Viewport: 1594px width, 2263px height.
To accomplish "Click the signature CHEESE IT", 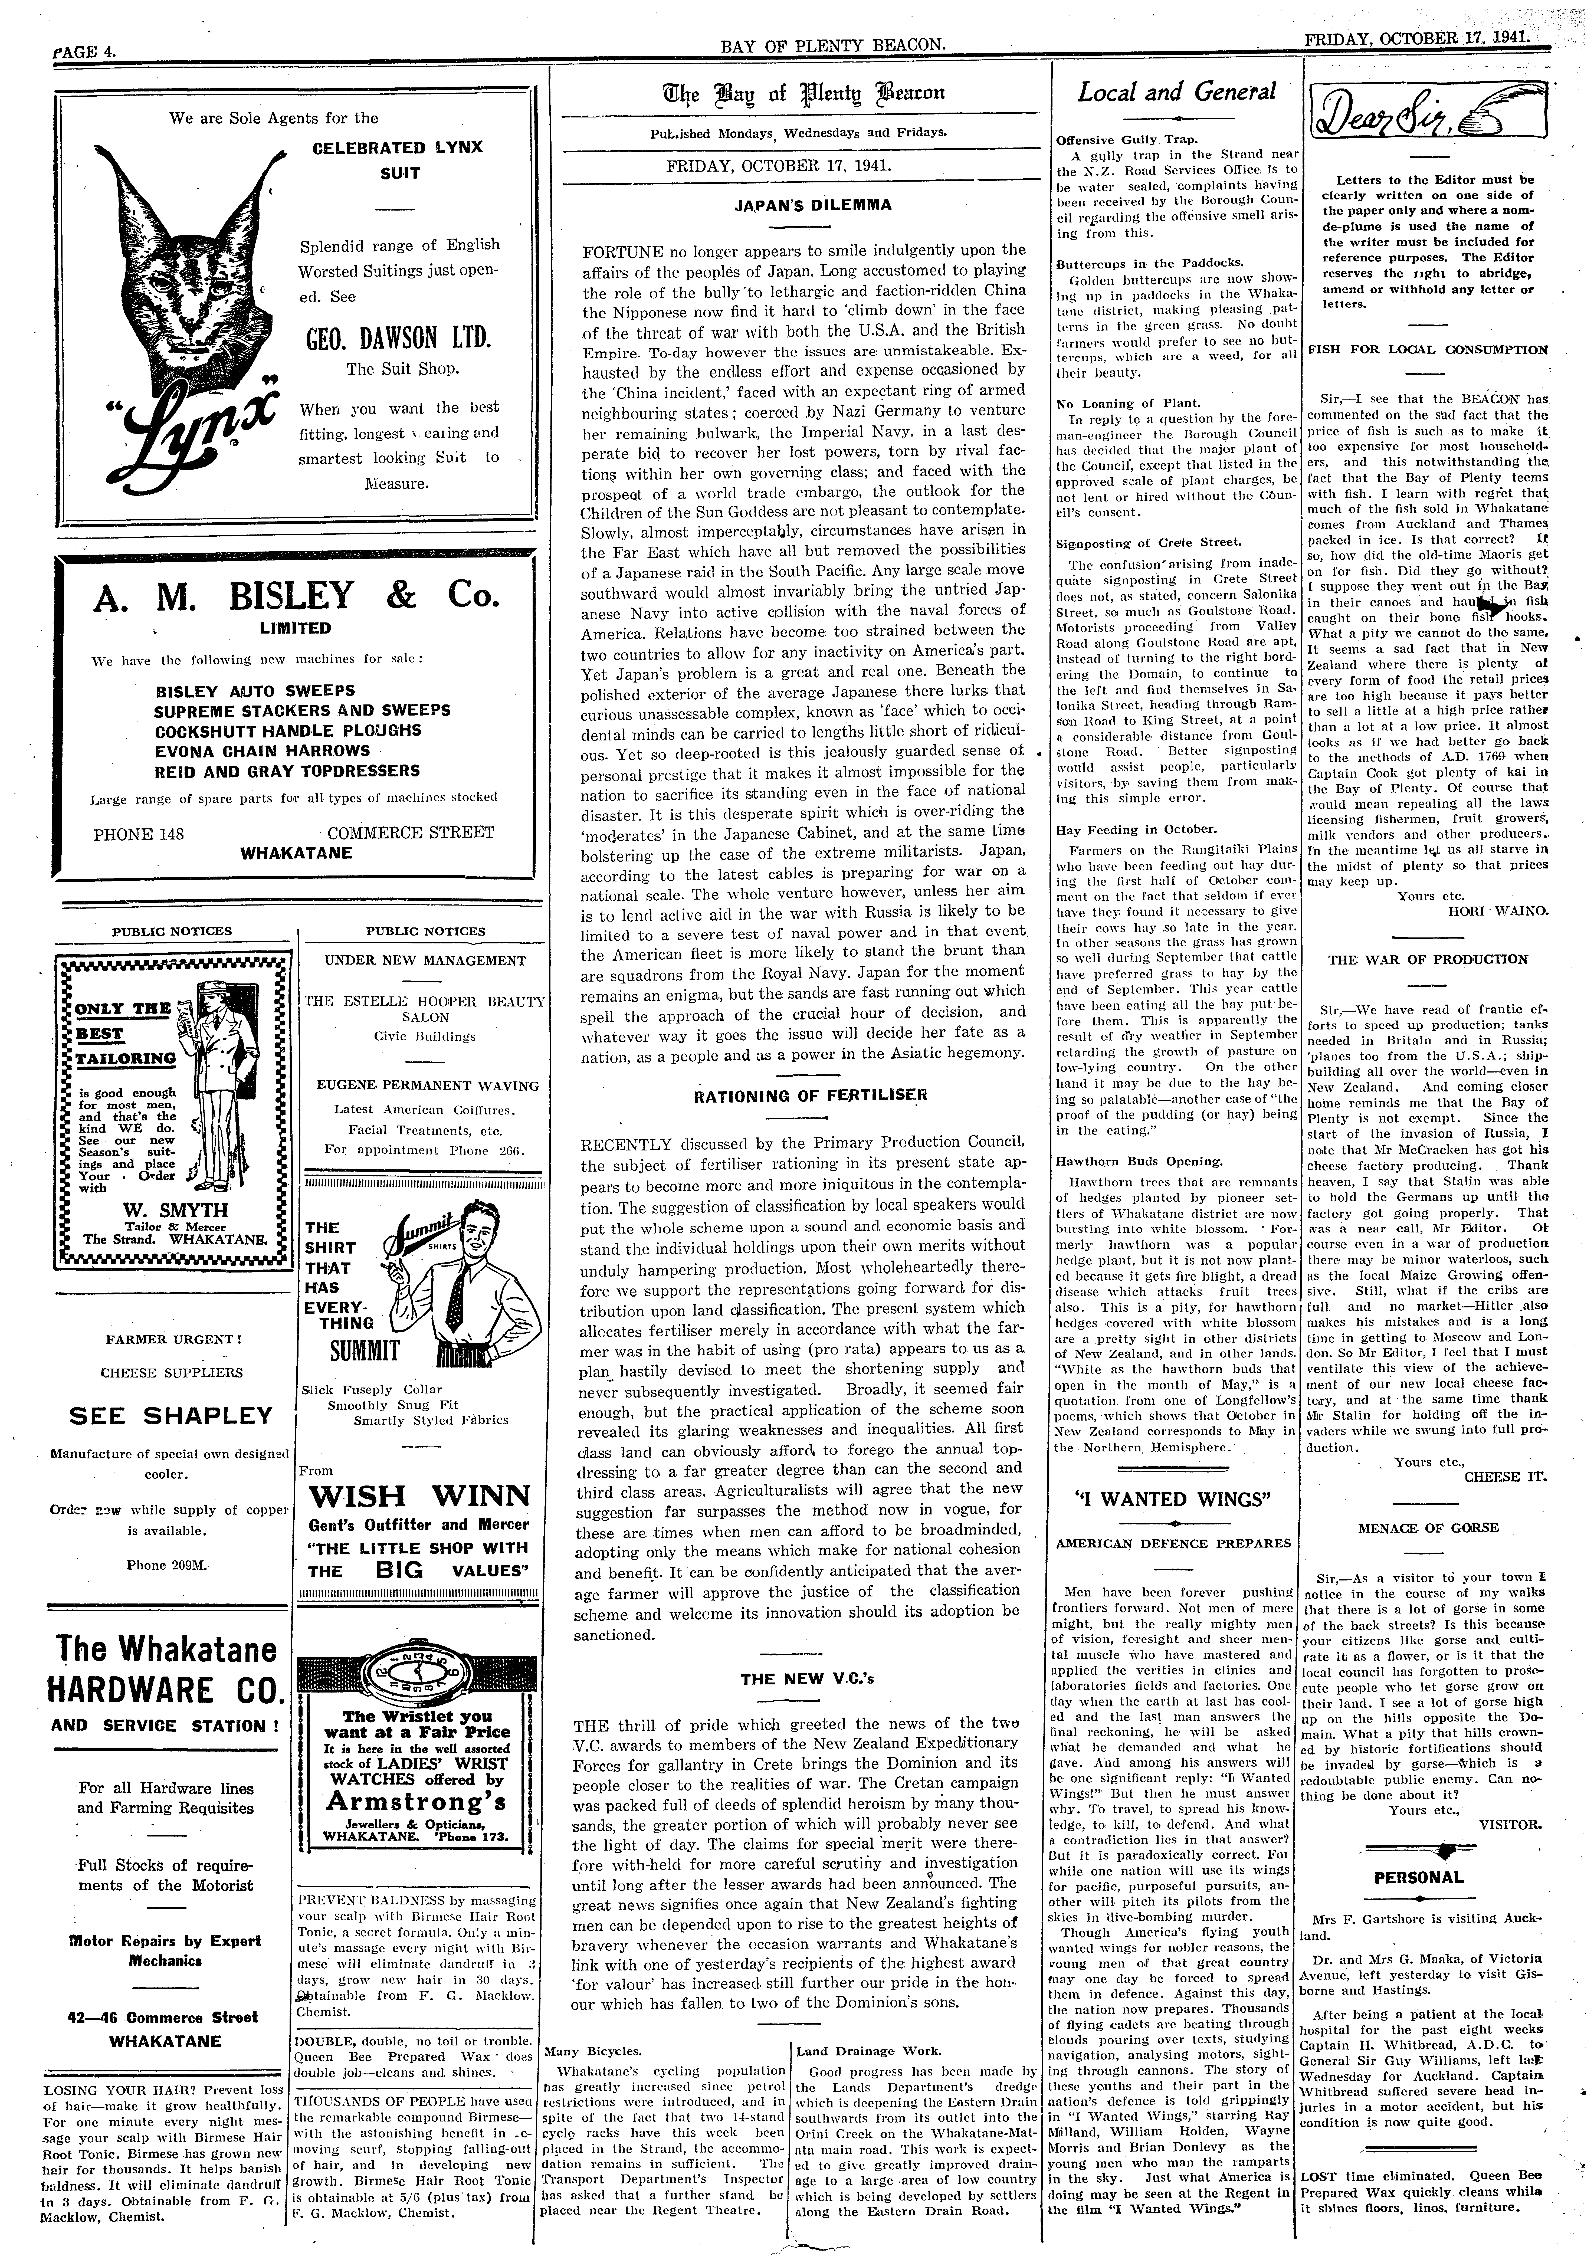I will click(1505, 1477).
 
